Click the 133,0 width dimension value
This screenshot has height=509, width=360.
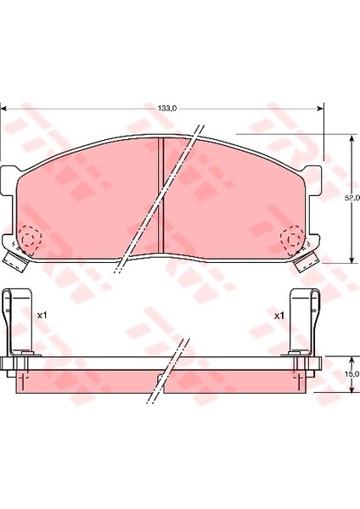coord(167,109)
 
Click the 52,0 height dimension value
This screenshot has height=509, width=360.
coord(352,198)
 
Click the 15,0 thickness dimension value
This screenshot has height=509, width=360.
coord(353,374)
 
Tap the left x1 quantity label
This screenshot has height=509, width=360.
coord(42,315)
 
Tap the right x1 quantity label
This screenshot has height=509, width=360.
coord(279,316)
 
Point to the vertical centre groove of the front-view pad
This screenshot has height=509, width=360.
coord(160,195)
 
